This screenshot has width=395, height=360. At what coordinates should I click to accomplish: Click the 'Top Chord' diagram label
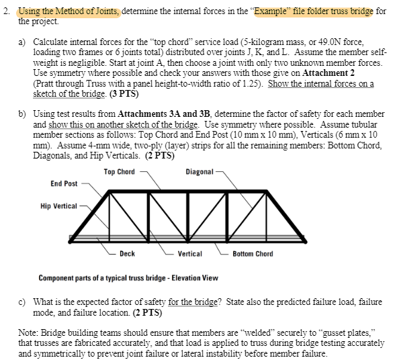[x=119, y=172]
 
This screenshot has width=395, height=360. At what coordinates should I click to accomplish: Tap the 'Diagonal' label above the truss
[x=200, y=172]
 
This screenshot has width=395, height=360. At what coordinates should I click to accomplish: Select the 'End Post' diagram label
[x=64, y=183]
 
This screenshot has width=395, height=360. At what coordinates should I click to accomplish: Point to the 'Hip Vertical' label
[x=58, y=206]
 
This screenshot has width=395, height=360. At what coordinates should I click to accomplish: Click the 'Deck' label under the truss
[x=127, y=254]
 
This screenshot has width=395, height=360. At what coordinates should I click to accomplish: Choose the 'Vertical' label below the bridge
[x=190, y=254]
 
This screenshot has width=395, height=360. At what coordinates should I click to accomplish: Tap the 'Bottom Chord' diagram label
[x=253, y=254]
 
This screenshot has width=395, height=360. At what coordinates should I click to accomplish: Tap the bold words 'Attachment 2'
[x=331, y=72]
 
